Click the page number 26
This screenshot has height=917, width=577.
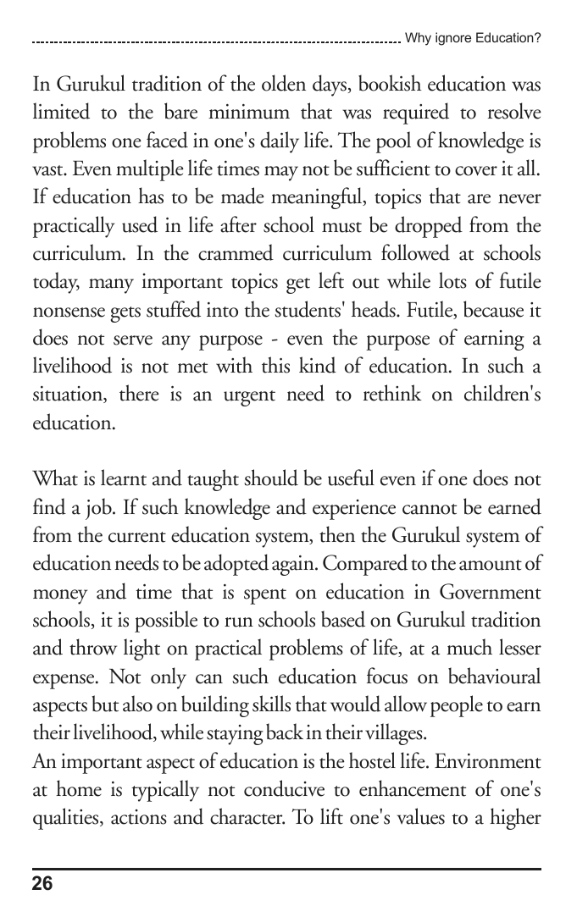pos(42,885)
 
